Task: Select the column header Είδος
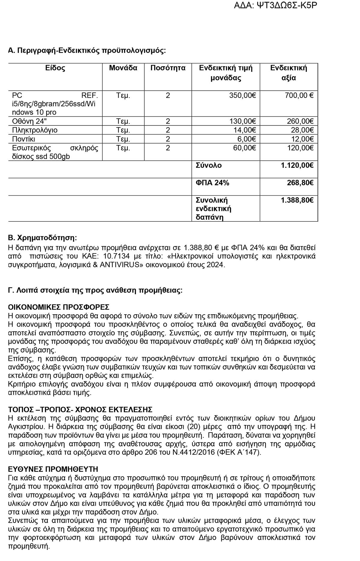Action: [x=55, y=68]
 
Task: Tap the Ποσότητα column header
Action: [x=168, y=68]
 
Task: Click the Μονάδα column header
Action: [x=123, y=68]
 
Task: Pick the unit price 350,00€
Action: [x=242, y=95]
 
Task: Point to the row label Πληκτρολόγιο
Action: [x=35, y=130]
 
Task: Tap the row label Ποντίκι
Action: [x=24, y=139]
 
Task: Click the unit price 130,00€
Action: [x=242, y=121]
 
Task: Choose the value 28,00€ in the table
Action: [x=302, y=130]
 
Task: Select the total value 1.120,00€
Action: [x=297, y=165]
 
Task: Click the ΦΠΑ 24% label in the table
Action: [x=212, y=183]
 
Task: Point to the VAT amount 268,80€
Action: [x=300, y=183]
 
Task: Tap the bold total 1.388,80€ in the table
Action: [x=297, y=200]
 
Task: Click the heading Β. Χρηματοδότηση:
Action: [x=42, y=238]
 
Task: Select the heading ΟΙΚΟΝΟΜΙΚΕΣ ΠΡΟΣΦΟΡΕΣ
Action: [x=59, y=307]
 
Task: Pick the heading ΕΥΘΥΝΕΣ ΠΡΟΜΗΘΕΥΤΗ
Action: [x=53, y=469]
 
